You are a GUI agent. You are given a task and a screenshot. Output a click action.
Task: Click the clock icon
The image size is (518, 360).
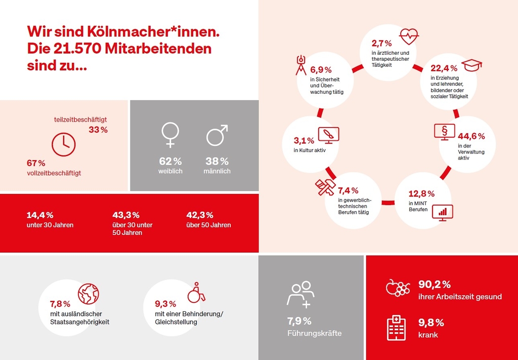coord(64,144)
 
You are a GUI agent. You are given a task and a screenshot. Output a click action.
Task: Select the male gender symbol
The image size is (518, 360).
coord(217,135)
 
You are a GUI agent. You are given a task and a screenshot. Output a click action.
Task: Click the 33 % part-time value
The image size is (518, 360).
coord(98,130)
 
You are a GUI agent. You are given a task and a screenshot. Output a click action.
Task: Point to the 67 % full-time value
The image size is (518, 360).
coord(36,163)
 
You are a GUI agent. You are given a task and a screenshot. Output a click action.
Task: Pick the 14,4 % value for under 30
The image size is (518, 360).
coord(40,215)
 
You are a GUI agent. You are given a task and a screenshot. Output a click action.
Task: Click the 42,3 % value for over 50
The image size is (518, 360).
coord(200,215)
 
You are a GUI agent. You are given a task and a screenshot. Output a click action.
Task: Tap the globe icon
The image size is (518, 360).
coord(89,293)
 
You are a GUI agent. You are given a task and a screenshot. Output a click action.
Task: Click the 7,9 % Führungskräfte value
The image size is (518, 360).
coord(299,321)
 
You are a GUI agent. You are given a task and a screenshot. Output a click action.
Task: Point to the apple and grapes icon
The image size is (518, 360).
coord(397,287)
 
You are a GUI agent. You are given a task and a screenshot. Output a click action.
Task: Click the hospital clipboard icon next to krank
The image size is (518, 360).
coord(397,327)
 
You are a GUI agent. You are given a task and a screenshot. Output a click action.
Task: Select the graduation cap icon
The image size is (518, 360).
coord(471,65)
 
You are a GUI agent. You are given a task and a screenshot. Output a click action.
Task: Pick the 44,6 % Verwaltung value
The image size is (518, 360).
coord(471,136)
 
